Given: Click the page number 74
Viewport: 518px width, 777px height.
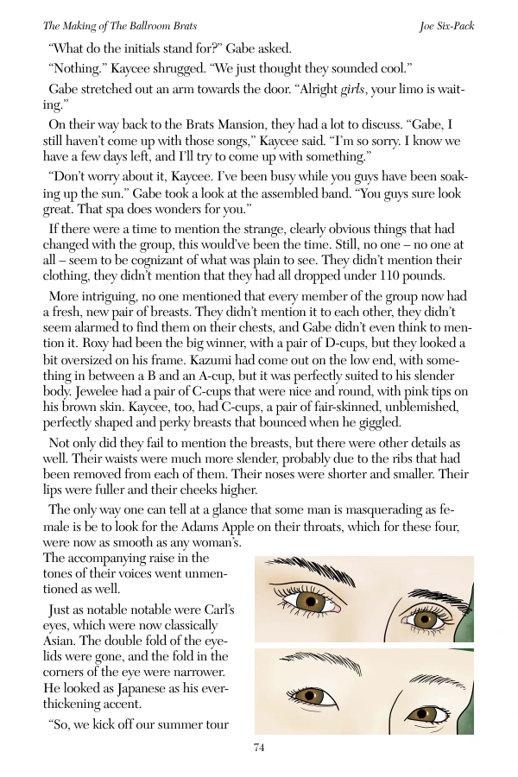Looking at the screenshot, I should (x=259, y=748).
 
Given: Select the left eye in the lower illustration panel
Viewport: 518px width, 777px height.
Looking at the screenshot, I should (x=306, y=692).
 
